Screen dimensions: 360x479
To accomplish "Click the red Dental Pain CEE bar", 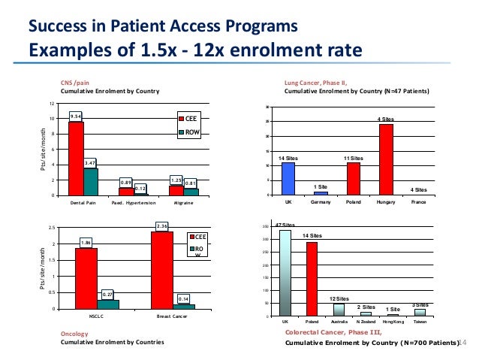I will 76,159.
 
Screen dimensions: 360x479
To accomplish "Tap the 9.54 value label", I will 75,116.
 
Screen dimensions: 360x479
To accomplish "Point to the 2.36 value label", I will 161,225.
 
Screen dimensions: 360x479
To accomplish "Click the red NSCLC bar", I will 86,278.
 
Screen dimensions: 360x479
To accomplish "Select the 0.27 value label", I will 108,294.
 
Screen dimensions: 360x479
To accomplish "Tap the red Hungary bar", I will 386,159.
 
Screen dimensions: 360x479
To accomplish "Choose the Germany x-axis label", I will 321,202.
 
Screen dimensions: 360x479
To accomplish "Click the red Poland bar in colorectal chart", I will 312,279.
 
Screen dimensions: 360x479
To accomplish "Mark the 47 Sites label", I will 285,225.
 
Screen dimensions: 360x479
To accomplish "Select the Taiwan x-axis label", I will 420,322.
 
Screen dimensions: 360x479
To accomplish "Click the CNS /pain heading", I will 76,83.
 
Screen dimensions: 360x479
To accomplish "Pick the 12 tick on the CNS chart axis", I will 52,104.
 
